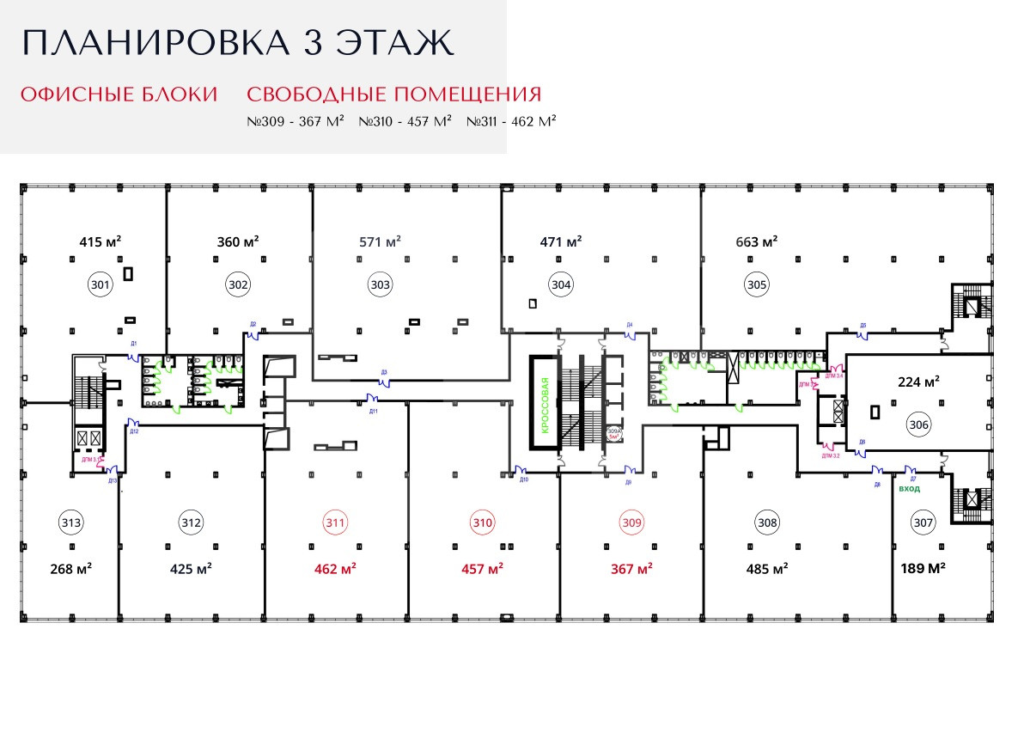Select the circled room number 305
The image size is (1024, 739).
pos(757,284)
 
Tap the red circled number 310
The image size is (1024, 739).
pos(483,522)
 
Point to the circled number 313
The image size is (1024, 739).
pos(71,522)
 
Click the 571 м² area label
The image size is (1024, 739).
pos(381,242)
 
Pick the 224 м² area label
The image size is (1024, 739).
pos(919,382)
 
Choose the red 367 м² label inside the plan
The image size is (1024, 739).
pos(631,569)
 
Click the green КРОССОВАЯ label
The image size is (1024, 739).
pos(544,403)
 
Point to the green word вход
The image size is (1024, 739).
pos(909,489)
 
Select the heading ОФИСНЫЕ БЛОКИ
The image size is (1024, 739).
pos(119,95)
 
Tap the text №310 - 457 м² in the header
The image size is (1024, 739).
pos(405,122)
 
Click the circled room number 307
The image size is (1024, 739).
pos(923,522)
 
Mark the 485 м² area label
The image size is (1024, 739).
pos(767,569)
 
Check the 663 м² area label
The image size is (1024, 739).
pos(757,242)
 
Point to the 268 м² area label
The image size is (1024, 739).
pos(71,569)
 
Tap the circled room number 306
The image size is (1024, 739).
pos(919,424)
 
